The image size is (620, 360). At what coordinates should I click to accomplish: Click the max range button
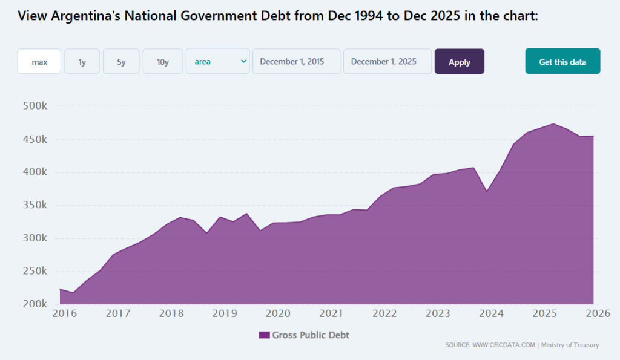(x=39, y=62)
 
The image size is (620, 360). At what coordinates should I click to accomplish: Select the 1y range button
(x=82, y=62)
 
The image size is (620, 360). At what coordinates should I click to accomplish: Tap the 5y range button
(x=121, y=62)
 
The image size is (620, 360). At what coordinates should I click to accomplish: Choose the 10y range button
(x=162, y=62)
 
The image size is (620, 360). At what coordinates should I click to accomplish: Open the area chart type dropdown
(x=218, y=62)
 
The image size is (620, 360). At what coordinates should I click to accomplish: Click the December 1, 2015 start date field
(x=296, y=62)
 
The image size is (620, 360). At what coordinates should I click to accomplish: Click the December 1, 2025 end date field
(x=387, y=62)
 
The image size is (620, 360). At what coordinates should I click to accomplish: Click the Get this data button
(x=562, y=62)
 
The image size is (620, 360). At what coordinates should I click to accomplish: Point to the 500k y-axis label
(x=34, y=106)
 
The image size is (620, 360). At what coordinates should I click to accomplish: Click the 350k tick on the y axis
(x=34, y=206)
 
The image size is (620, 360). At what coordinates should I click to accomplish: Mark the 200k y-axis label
(x=34, y=304)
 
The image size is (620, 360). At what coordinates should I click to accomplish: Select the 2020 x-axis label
(x=278, y=313)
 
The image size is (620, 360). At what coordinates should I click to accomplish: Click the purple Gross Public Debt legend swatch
(x=264, y=335)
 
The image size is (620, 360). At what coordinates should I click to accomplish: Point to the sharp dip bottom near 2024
(x=486, y=191)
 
